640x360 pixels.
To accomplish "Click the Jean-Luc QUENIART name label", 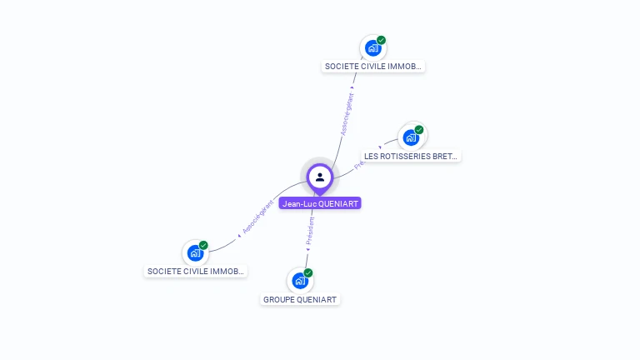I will [320, 203].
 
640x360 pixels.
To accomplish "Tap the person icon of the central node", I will [320, 177].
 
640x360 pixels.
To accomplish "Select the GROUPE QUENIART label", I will [301, 299].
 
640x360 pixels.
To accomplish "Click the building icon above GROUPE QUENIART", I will [300, 281].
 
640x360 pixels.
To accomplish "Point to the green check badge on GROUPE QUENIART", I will [308, 272].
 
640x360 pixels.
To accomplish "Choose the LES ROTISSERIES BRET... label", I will [411, 156].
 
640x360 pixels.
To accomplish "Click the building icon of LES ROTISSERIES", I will [411, 137].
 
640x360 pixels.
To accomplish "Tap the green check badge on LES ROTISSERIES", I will [419, 129].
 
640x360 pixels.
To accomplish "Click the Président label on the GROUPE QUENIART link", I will [309, 231].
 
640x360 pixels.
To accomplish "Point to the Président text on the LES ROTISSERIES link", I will [360, 164].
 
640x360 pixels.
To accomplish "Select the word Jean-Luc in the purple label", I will [298, 203].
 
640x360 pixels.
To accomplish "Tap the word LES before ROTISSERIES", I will [371, 156].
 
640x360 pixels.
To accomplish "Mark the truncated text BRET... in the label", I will [446, 156].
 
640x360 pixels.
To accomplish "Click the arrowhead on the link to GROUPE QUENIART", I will [308, 248].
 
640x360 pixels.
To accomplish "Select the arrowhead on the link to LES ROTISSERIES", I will [380, 148].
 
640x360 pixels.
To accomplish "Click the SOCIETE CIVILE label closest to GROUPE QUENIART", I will [196, 271].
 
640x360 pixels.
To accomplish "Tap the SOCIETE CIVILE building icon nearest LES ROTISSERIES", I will [372, 48].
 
